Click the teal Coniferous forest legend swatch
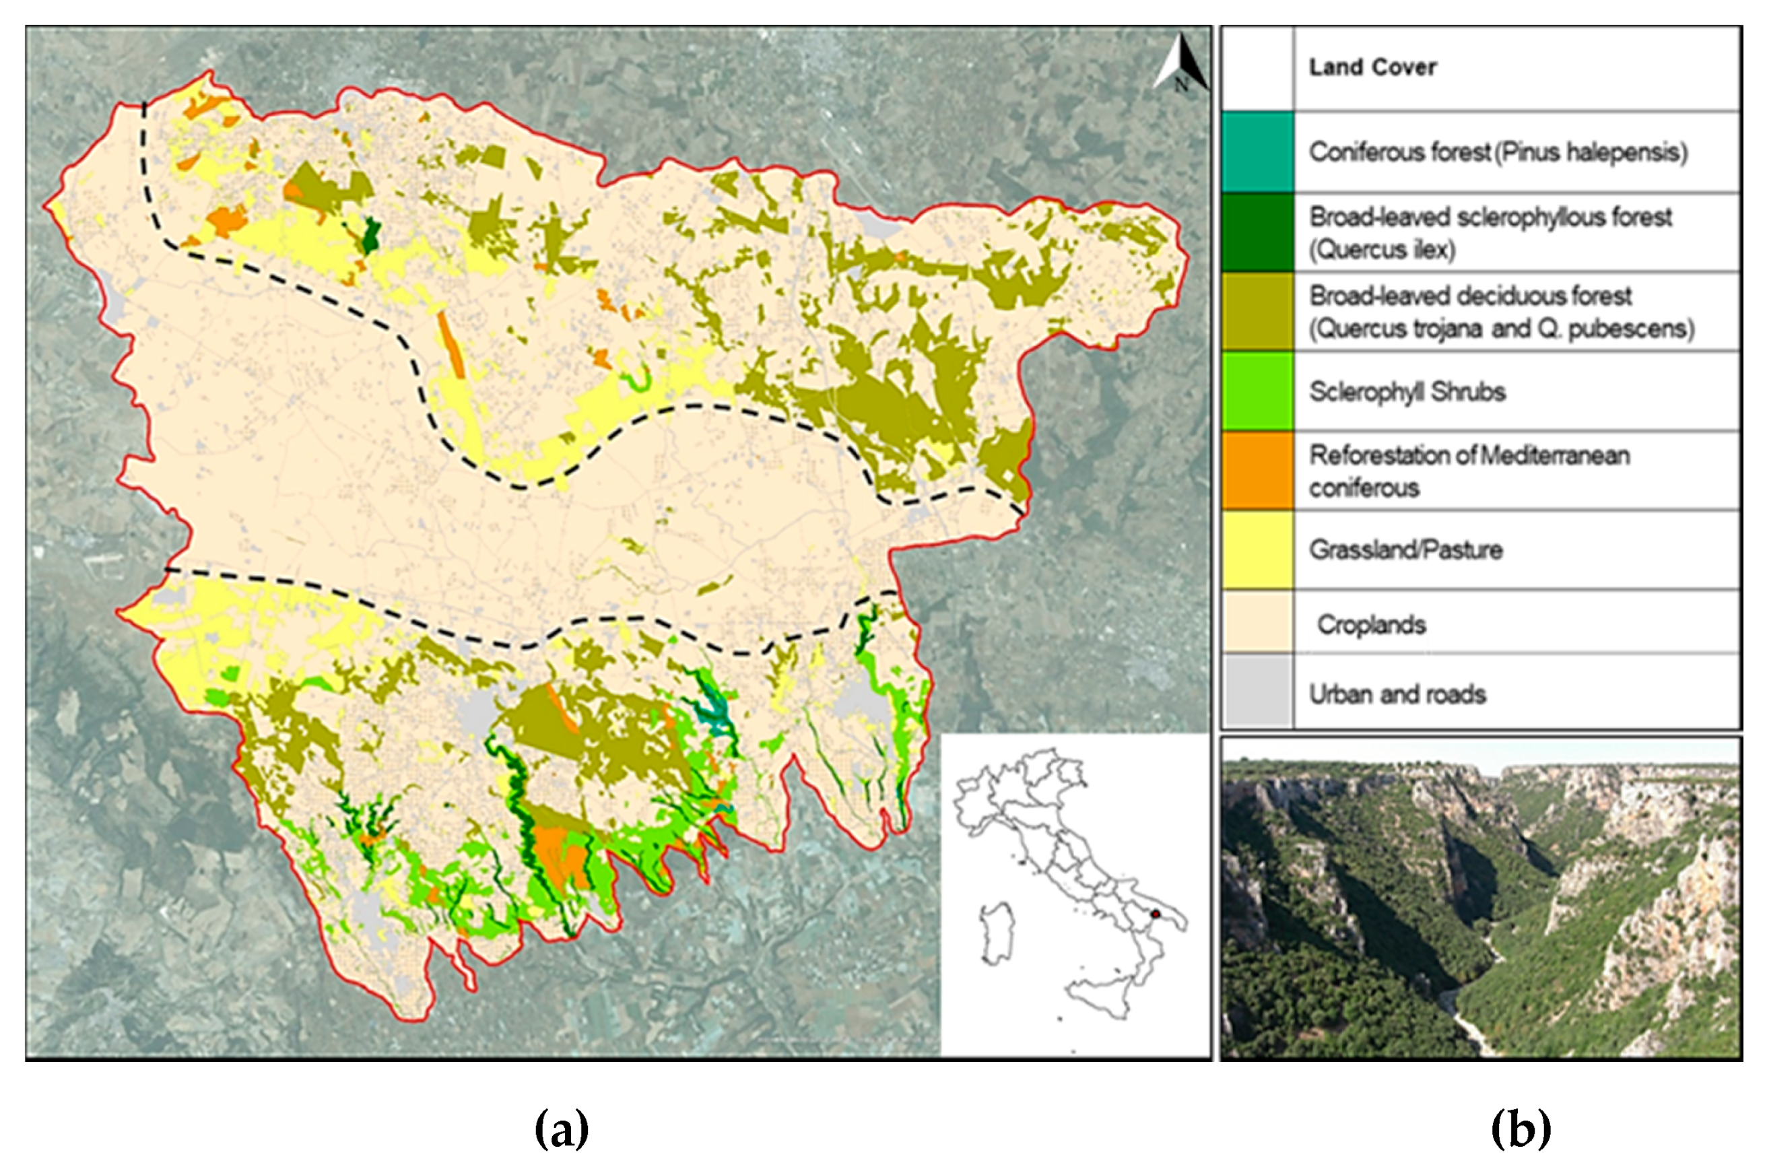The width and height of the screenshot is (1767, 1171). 1258,152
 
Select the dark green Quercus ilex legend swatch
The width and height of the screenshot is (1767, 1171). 1258,232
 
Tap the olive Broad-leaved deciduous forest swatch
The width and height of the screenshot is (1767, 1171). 1258,311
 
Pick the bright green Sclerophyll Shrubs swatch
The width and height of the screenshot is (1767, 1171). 1258,391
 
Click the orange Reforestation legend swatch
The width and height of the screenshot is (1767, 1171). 1258,471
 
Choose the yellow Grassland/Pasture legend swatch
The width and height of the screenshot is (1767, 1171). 1258,550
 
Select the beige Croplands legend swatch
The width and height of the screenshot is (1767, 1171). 1258,622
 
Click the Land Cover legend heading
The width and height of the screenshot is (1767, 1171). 1372,67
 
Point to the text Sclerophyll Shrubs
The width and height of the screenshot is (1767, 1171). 1406,391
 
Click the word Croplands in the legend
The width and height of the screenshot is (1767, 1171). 1371,624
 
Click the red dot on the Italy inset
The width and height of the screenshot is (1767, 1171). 1156,913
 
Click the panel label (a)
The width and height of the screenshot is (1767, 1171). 562,1129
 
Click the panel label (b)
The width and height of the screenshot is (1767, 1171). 1521,1129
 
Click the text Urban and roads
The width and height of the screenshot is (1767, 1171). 1397,694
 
